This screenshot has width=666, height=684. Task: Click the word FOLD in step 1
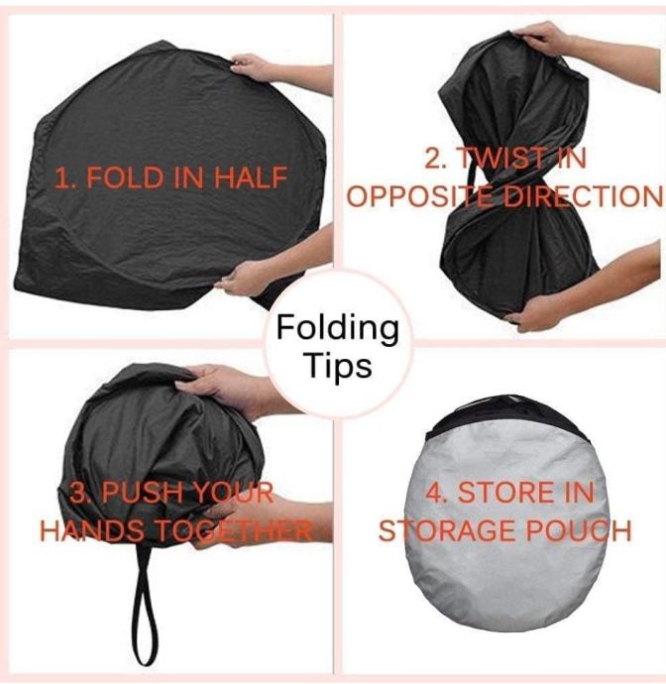(125, 177)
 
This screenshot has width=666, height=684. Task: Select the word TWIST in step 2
(499, 159)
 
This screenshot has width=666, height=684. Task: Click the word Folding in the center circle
(338, 329)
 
